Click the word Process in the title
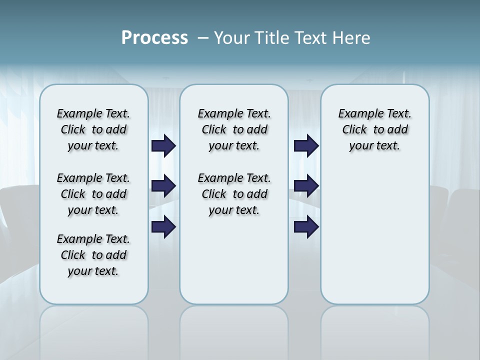(x=154, y=38)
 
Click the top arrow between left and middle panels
(x=163, y=145)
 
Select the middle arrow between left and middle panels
(x=163, y=186)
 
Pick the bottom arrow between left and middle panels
(x=163, y=227)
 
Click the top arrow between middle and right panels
(x=306, y=145)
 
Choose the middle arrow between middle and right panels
(x=306, y=186)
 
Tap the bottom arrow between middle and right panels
(x=306, y=227)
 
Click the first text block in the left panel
(x=93, y=129)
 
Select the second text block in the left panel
(x=93, y=194)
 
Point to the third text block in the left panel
(x=93, y=255)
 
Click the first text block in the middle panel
(x=234, y=129)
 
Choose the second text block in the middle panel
(x=234, y=194)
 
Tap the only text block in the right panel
(x=375, y=129)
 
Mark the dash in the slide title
(x=203, y=38)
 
